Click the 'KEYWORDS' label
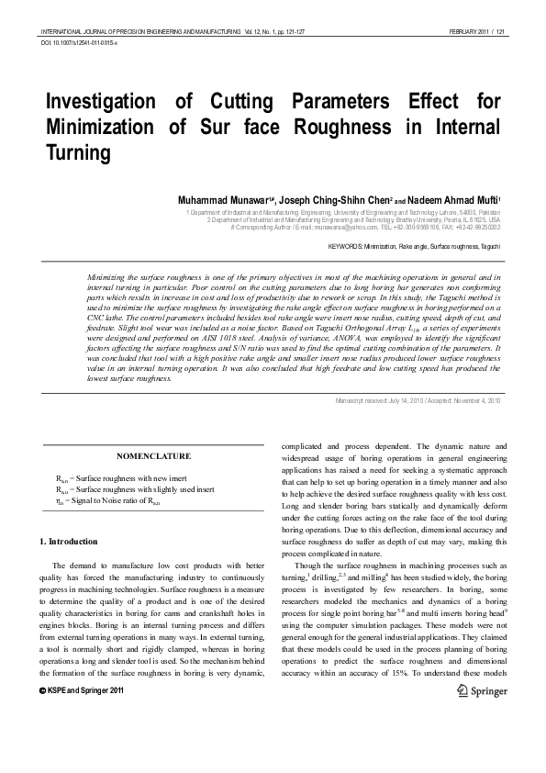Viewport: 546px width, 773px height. (x=344, y=247)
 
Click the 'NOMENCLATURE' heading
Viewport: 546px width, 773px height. (x=154, y=455)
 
